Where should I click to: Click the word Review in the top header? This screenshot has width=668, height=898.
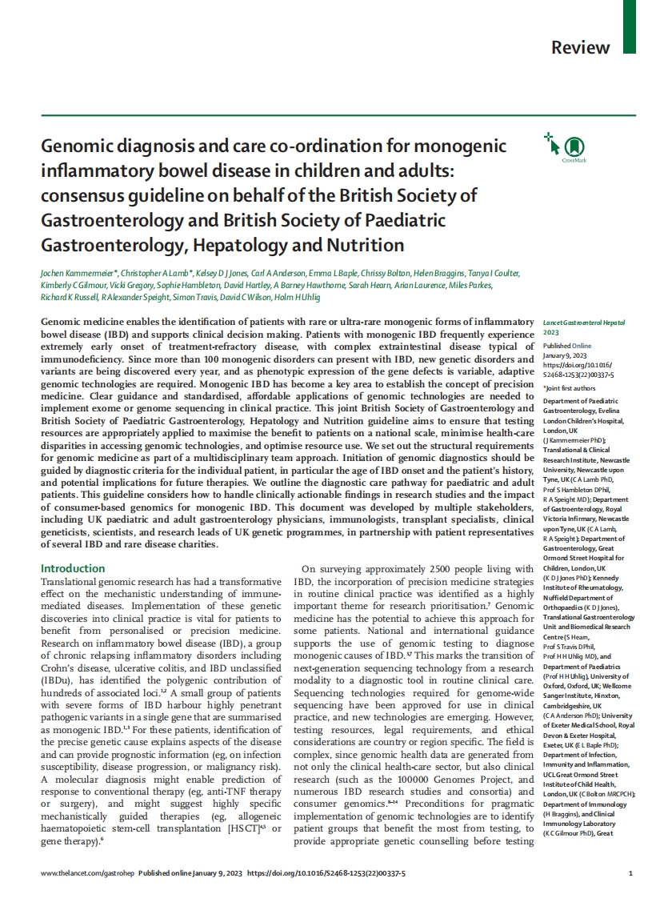point(580,46)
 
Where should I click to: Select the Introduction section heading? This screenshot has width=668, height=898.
point(73,568)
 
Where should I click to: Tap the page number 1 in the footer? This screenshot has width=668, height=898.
point(630,873)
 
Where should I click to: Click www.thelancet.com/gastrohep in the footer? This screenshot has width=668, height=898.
point(87,873)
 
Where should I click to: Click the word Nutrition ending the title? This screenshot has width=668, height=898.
point(361,245)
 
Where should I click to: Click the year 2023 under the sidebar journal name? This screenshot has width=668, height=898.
point(551,333)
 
